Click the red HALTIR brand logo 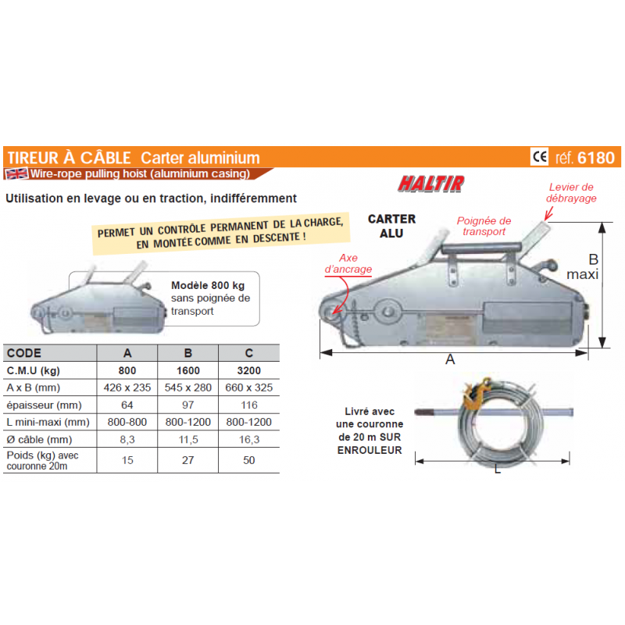pyautogui.click(x=431, y=184)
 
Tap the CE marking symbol pyautogui.click(x=540, y=157)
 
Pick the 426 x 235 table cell pyautogui.click(x=128, y=387)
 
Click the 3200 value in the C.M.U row pyautogui.click(x=248, y=370)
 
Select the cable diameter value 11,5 pyautogui.click(x=188, y=439)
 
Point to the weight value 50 pyautogui.click(x=248, y=460)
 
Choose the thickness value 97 pyautogui.click(x=188, y=405)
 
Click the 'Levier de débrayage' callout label pyautogui.click(x=572, y=193)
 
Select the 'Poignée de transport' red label pyautogui.click(x=484, y=226)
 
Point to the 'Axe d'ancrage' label pyautogui.click(x=348, y=263)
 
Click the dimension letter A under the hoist pyautogui.click(x=450, y=359)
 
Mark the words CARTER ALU pyautogui.click(x=391, y=226)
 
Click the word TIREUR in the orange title pyautogui.click(x=34, y=157)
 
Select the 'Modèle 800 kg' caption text pyautogui.click(x=210, y=285)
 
